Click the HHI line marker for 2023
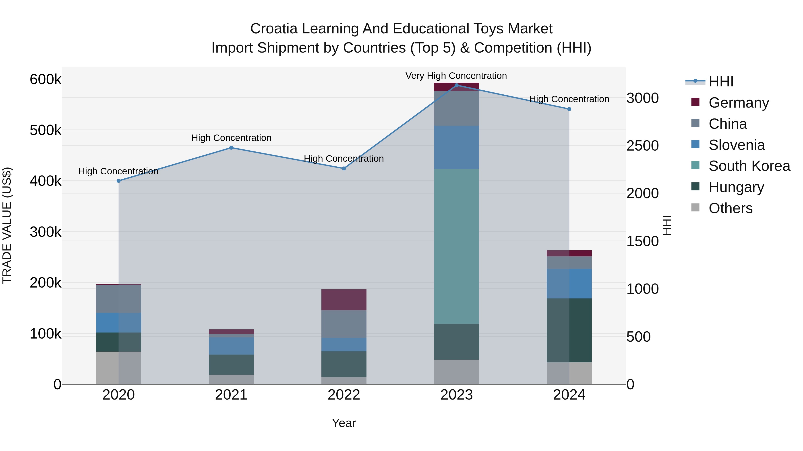pyautogui.click(x=456, y=85)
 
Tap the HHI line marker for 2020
pyautogui.click(x=118, y=181)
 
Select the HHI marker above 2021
pyautogui.click(x=231, y=148)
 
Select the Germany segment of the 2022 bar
pyautogui.click(x=344, y=300)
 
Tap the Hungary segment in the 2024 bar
pyautogui.click(x=569, y=330)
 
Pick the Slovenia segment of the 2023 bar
pyautogui.click(x=456, y=147)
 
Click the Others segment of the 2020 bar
pyautogui.click(x=118, y=368)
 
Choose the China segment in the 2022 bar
pyautogui.click(x=344, y=324)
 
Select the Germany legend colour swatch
pyautogui.click(x=695, y=102)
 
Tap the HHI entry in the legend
pyautogui.click(x=721, y=82)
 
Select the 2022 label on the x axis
pyautogui.click(x=344, y=395)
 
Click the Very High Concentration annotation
pyautogui.click(x=456, y=76)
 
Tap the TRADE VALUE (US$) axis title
pyautogui.click(x=7, y=225)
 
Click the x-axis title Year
pyautogui.click(x=344, y=423)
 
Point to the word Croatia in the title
pyautogui.click(x=274, y=29)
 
